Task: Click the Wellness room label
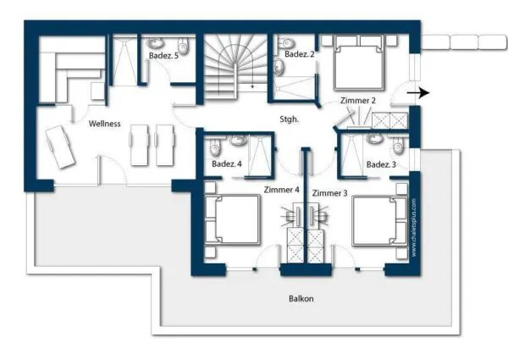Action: click(104, 124)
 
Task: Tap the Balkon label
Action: click(301, 298)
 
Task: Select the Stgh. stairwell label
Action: click(289, 119)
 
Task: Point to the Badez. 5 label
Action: click(163, 55)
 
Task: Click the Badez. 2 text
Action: click(300, 54)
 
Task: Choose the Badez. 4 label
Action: click(226, 163)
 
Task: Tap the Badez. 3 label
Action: click(381, 164)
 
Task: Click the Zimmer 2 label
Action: click(357, 101)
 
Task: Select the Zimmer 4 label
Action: click(282, 190)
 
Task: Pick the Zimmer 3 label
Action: click(329, 193)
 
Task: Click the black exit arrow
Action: click(418, 93)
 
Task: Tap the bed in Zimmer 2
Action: click(359, 63)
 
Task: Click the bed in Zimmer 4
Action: click(232, 219)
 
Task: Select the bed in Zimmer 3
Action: click(379, 220)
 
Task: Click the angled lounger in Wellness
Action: click(60, 147)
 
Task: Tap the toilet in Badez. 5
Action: click(183, 46)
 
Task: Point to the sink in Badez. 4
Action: click(237, 140)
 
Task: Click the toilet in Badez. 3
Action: click(398, 145)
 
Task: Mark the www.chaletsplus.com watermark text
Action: click(414, 228)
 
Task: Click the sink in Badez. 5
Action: click(156, 42)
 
